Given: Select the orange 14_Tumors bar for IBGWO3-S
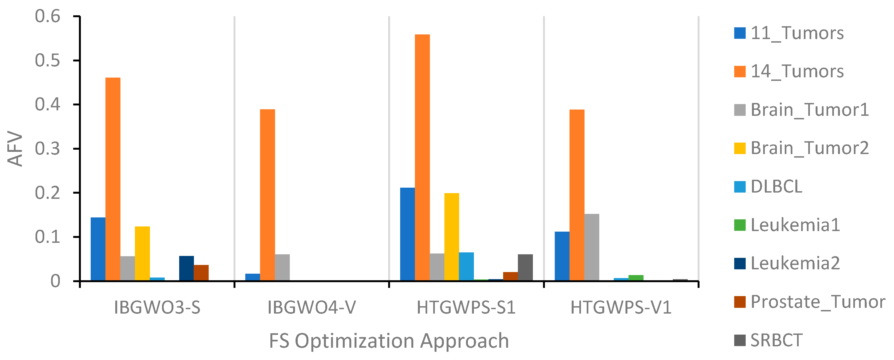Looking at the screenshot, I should [x=113, y=179].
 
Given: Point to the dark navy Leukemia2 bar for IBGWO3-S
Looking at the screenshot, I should [x=186, y=268].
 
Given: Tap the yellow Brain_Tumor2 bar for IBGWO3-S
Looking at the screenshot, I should [x=142, y=253].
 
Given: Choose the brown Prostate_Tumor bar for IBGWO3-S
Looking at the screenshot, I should [x=201, y=273].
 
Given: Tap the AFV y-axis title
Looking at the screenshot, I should [x=15, y=149].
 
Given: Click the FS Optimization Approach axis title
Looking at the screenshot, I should [x=389, y=341].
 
